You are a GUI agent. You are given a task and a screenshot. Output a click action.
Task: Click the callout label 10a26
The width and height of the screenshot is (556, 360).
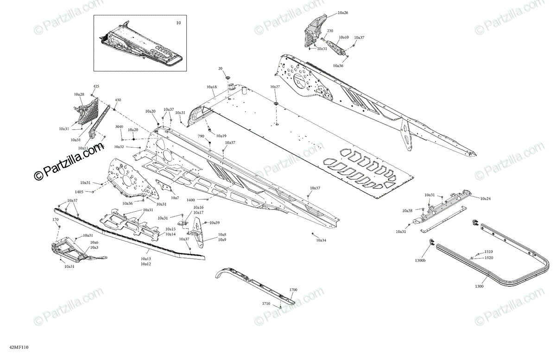click(343, 13)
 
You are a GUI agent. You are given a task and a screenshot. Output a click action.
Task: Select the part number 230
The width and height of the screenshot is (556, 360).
click(330, 31)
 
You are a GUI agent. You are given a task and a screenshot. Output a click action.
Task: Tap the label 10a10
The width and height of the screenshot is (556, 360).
click(344, 37)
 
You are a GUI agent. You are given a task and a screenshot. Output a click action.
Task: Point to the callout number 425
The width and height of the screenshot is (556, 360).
click(96, 87)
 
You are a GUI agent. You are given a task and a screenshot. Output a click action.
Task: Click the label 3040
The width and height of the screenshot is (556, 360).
click(119, 126)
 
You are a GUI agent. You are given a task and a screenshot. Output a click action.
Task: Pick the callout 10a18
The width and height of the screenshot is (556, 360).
click(212, 87)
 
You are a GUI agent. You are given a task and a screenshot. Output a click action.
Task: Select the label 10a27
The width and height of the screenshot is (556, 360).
click(275, 87)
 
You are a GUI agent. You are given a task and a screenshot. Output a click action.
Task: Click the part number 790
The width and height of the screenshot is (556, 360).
click(201, 136)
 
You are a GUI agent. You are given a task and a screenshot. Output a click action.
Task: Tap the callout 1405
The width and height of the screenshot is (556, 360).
click(79, 191)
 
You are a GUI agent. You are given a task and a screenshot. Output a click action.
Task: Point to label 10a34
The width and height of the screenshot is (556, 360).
click(321, 240)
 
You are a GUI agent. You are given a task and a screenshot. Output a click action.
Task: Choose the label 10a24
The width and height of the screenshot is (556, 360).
click(485, 198)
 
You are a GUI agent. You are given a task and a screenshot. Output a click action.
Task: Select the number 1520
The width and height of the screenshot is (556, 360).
click(489, 258)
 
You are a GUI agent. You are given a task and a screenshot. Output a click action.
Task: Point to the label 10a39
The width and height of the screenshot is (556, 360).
click(215, 223)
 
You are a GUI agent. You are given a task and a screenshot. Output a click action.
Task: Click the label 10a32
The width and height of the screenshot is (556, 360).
click(119, 146)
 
